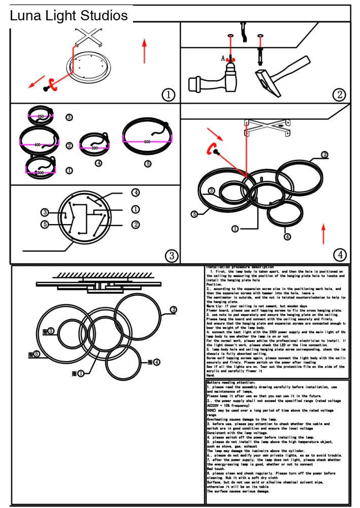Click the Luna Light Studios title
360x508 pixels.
(x=69, y=16)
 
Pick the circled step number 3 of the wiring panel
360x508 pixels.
(x=172, y=255)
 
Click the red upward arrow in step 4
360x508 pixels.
(x=323, y=233)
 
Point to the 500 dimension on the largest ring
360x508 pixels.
(x=147, y=141)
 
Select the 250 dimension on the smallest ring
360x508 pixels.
(x=41, y=116)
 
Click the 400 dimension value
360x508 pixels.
(x=37, y=145)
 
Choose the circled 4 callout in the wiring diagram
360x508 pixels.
(x=135, y=193)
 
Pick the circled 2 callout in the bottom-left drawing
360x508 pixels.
(x=174, y=309)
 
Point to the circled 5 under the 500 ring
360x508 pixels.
(x=148, y=164)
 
